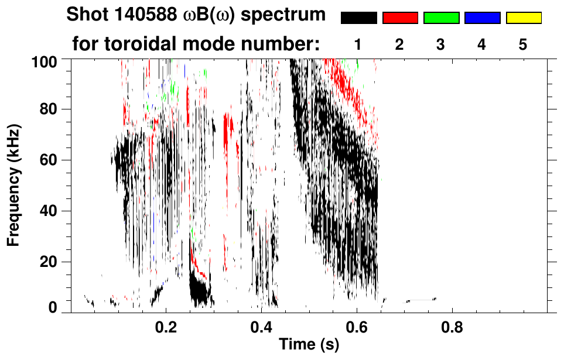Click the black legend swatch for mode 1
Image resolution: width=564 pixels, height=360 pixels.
point(359,18)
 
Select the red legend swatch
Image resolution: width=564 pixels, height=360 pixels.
point(400,18)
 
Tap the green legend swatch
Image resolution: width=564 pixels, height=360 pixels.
point(441,18)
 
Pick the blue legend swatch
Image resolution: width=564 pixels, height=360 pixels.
point(482,18)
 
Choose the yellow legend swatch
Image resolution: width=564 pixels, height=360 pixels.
point(523,18)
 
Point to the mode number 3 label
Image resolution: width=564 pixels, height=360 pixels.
point(440,44)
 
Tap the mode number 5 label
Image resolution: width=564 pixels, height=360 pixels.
point(522,44)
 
